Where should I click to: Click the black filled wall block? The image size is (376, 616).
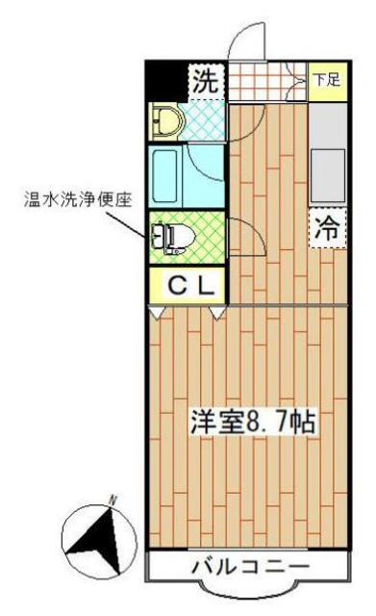tap(165, 79)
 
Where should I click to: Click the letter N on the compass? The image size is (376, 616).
tap(113, 500)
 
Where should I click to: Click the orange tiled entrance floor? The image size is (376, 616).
tap(264, 81)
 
